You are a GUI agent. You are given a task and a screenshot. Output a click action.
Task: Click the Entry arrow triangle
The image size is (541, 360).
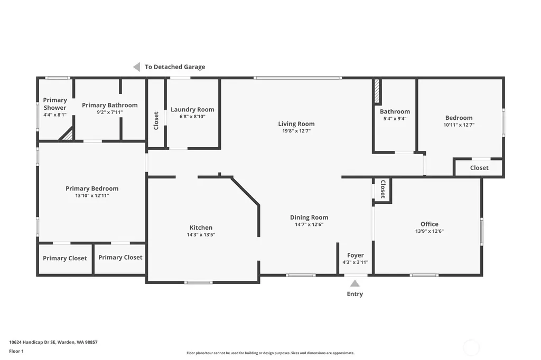coord(355,283)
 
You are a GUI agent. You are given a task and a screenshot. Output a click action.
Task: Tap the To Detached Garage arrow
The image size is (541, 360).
coord(137,67)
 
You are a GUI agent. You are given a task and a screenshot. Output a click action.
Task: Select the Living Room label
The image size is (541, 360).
coord(296,124)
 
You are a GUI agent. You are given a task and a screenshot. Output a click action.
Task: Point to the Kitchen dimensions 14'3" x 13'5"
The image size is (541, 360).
coord(201,234)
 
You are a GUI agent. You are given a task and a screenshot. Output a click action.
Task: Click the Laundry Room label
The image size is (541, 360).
coord(192,109)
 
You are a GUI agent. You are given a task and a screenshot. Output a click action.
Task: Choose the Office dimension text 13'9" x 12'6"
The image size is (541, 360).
coord(429,231)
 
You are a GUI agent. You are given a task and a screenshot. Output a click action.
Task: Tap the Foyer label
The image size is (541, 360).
coord(356,255)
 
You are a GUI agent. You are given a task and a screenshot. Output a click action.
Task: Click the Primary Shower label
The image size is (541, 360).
coord(55,103)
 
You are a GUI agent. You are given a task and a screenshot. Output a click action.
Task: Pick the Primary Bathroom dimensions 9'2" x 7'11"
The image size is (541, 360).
coord(110,112)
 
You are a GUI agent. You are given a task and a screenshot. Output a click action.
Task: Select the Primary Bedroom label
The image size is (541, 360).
coord(92,188)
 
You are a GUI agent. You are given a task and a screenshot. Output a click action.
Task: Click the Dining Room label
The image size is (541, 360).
coord(309,217)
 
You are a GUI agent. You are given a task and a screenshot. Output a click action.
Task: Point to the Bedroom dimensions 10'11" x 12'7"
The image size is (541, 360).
coord(459,125)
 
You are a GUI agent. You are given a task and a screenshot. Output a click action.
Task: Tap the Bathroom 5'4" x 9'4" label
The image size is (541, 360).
coord(395,115)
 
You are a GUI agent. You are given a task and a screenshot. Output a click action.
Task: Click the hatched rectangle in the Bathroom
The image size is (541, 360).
coord(377,91)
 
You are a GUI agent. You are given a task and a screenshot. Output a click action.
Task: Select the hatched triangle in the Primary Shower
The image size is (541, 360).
coord(68,135)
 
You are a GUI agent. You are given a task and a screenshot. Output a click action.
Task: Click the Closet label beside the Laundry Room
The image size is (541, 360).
coord(156,120)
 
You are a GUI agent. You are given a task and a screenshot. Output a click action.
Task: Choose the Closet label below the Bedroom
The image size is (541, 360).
coord(479,167)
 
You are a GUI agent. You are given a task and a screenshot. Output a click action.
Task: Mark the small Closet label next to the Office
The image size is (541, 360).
coord(383,189)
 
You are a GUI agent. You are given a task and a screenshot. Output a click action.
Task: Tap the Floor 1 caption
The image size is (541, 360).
coord(16,352)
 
